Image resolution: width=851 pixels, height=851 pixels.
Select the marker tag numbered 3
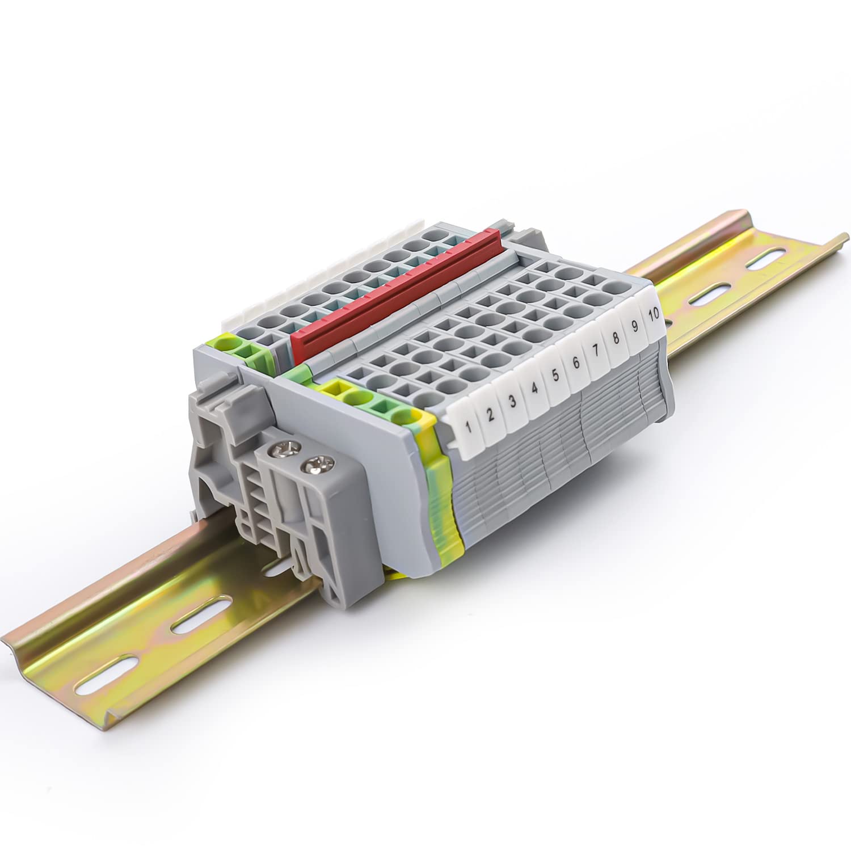[x=513, y=401]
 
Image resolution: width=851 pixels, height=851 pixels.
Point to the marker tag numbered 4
[x=534, y=389]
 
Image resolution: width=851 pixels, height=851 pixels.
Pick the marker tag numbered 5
[x=555, y=376]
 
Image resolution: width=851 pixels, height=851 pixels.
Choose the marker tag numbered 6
[x=575, y=363]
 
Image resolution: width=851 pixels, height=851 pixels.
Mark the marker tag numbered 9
[x=634, y=327]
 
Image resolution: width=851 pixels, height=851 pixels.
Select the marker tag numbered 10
[x=653, y=313]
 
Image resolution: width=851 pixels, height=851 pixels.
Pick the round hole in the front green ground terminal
[x=357, y=397]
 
